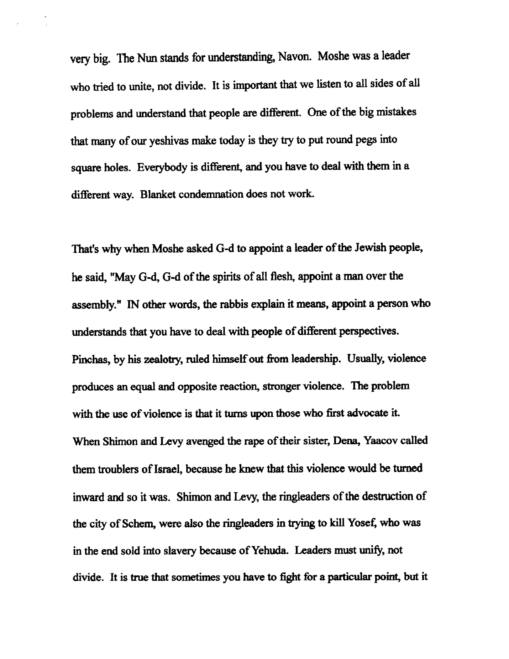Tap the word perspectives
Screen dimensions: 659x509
[x=368, y=331]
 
